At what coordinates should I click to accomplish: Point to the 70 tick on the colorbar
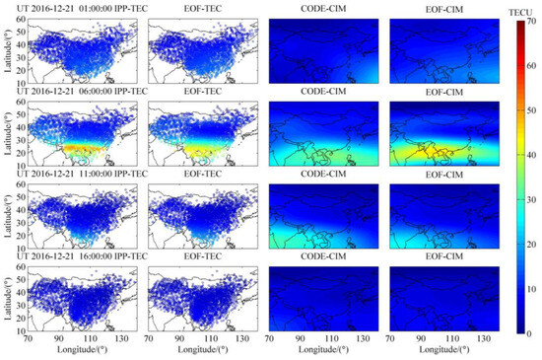coord(529,22)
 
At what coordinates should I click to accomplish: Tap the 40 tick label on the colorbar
coord(529,156)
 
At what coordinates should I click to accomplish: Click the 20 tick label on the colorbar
coord(529,246)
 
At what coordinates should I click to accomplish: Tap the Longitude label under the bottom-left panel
coord(76,349)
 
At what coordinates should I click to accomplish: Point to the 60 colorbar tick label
coord(529,66)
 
